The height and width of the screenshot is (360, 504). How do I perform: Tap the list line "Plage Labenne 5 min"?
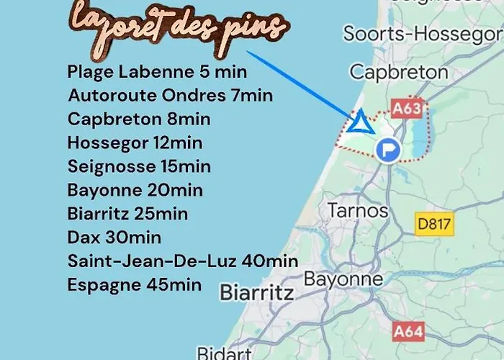point(157,72)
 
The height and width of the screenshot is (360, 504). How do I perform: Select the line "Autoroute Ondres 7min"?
point(170,96)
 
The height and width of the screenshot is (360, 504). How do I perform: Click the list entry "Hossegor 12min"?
point(135,143)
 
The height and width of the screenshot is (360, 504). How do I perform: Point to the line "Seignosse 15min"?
point(139,167)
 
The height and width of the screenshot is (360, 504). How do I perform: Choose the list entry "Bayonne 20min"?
point(135,191)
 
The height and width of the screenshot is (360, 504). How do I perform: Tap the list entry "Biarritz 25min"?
point(127,214)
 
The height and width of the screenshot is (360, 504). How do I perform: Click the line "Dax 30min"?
point(114,238)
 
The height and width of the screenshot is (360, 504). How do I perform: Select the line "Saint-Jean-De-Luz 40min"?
point(182,261)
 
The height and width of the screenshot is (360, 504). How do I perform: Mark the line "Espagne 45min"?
point(134,284)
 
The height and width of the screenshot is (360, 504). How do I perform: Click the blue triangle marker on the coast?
point(360,123)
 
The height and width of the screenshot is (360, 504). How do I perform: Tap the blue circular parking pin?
point(389,150)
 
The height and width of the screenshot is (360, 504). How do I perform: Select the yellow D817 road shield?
point(435,224)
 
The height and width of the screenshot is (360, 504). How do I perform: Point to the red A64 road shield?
point(409,332)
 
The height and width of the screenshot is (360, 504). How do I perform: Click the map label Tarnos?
point(358,211)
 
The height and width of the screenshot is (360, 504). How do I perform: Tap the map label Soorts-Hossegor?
point(423,33)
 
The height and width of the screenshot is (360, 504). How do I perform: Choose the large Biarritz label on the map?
point(256,293)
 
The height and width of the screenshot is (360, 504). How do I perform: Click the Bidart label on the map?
point(224,353)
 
